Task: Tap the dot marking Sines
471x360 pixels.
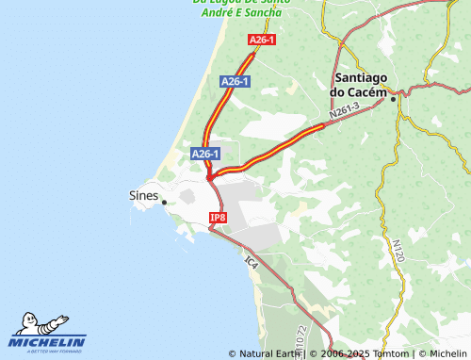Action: point(164,202)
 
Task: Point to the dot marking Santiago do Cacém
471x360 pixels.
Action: point(394,94)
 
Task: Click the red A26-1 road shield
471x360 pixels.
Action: point(262,40)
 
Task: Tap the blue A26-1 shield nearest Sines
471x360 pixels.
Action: point(205,154)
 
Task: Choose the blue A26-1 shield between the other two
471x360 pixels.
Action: point(234,82)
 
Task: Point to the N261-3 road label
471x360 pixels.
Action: point(345,111)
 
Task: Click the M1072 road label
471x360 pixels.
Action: point(300,339)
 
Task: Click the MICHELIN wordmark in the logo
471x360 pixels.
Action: point(48,341)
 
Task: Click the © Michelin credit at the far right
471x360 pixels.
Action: point(437,353)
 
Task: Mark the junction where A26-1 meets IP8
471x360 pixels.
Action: point(211,176)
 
